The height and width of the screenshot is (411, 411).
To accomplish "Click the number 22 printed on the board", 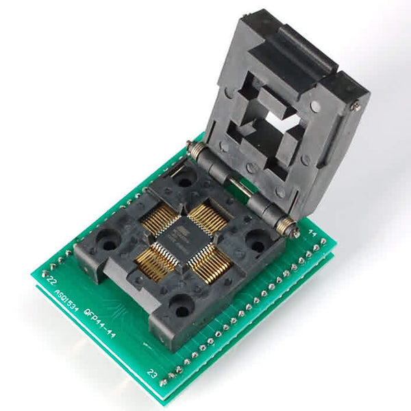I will click(x=49, y=279).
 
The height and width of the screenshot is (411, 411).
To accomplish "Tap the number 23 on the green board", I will click(x=151, y=374).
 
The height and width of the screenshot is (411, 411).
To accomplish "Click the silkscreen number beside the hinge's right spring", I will click(x=314, y=235).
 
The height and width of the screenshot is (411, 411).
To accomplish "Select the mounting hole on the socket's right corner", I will click(x=256, y=242).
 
